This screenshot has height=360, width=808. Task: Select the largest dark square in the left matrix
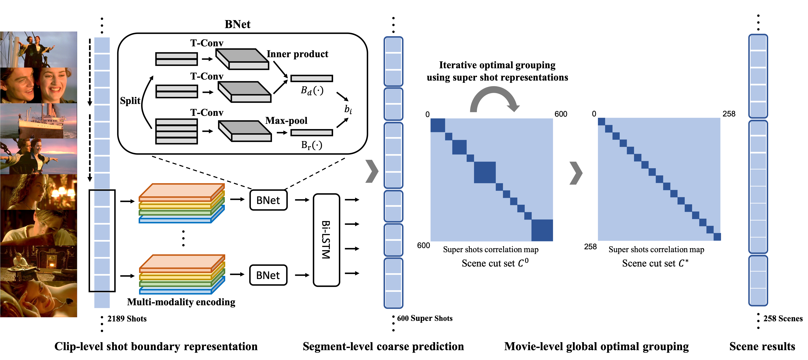(485, 172)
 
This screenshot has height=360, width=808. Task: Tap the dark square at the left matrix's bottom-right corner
(542, 230)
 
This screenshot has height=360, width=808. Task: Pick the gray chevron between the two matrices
(576, 173)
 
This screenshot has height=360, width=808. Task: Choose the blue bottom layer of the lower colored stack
(176, 292)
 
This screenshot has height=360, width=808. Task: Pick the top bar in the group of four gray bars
(177, 122)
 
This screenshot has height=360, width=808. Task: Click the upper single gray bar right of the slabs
(311, 78)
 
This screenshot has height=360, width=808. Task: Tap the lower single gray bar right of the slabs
(311, 133)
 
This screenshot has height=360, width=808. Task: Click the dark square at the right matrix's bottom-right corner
(717, 237)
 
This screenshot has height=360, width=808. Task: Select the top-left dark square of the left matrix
(438, 125)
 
